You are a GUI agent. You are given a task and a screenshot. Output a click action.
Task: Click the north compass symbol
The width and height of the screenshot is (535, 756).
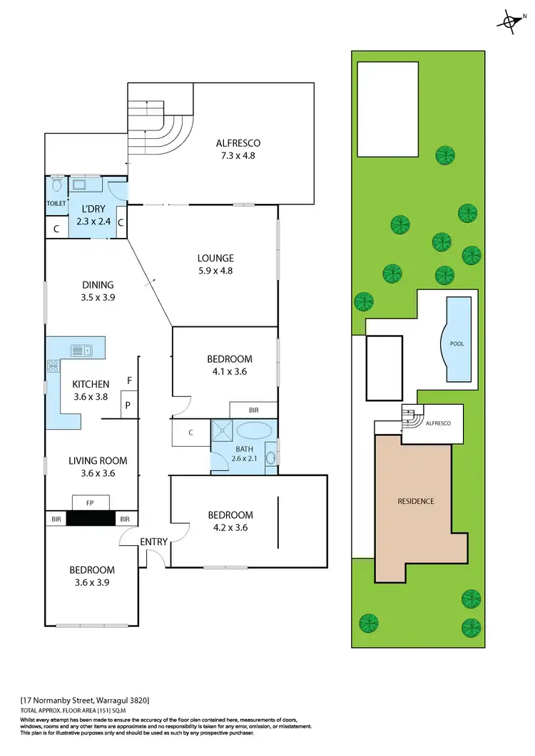(x=509, y=21)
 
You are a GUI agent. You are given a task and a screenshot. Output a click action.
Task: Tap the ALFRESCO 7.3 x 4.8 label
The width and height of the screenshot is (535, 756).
(x=238, y=149)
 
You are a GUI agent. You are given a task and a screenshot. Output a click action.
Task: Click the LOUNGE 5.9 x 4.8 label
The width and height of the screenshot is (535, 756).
(x=216, y=264)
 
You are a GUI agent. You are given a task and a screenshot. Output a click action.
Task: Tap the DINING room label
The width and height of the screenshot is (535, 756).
(x=97, y=291)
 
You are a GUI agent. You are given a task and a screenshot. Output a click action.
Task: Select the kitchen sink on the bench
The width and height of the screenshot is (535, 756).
(x=80, y=350)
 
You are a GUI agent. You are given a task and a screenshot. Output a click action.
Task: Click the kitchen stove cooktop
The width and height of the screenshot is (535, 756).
(x=53, y=366)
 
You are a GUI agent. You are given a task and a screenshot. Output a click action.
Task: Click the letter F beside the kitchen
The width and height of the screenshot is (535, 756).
(x=128, y=380)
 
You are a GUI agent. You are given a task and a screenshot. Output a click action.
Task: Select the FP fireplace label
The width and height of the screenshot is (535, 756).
(x=91, y=502)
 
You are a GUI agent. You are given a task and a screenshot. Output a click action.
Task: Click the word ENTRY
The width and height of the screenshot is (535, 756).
(x=154, y=542)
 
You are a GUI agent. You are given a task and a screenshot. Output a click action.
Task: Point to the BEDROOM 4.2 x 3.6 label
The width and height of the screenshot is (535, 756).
(x=230, y=521)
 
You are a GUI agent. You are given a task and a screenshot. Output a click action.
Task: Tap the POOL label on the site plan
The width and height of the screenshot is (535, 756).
(x=457, y=343)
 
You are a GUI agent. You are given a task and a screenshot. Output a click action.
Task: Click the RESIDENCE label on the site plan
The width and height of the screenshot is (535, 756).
(x=415, y=501)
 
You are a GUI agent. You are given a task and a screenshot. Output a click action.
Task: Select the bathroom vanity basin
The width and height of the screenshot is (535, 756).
(x=271, y=457)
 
